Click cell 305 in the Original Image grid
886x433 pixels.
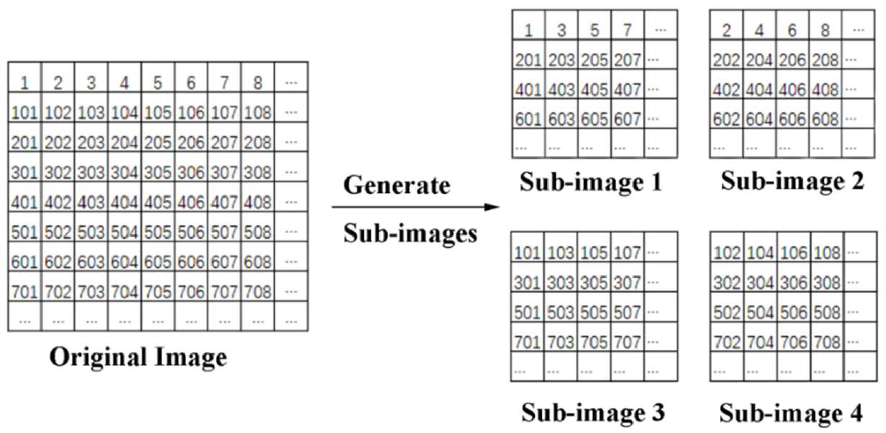point(158,172)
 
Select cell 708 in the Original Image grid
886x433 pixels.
point(258,292)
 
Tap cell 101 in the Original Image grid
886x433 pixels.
point(24,112)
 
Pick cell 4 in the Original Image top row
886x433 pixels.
point(124,82)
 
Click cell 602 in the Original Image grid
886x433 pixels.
point(58,262)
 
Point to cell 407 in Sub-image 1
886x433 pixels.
point(627,90)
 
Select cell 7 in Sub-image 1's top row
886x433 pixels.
point(627,30)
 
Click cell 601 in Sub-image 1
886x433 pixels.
point(528,119)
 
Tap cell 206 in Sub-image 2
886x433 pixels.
point(792,60)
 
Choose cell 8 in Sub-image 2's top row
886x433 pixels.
point(825,30)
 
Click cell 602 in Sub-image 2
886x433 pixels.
point(726,119)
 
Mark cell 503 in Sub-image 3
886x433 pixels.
point(561,312)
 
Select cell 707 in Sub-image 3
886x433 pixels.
point(627,342)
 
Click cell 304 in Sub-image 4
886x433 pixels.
point(760,283)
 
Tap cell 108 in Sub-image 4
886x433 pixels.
point(827,252)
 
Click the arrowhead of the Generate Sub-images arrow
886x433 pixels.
point(493,207)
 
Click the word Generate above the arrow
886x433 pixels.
point(396,185)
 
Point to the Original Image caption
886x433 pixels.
point(138,357)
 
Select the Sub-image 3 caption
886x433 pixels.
point(593,412)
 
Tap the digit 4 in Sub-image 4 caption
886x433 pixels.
point(856,413)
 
